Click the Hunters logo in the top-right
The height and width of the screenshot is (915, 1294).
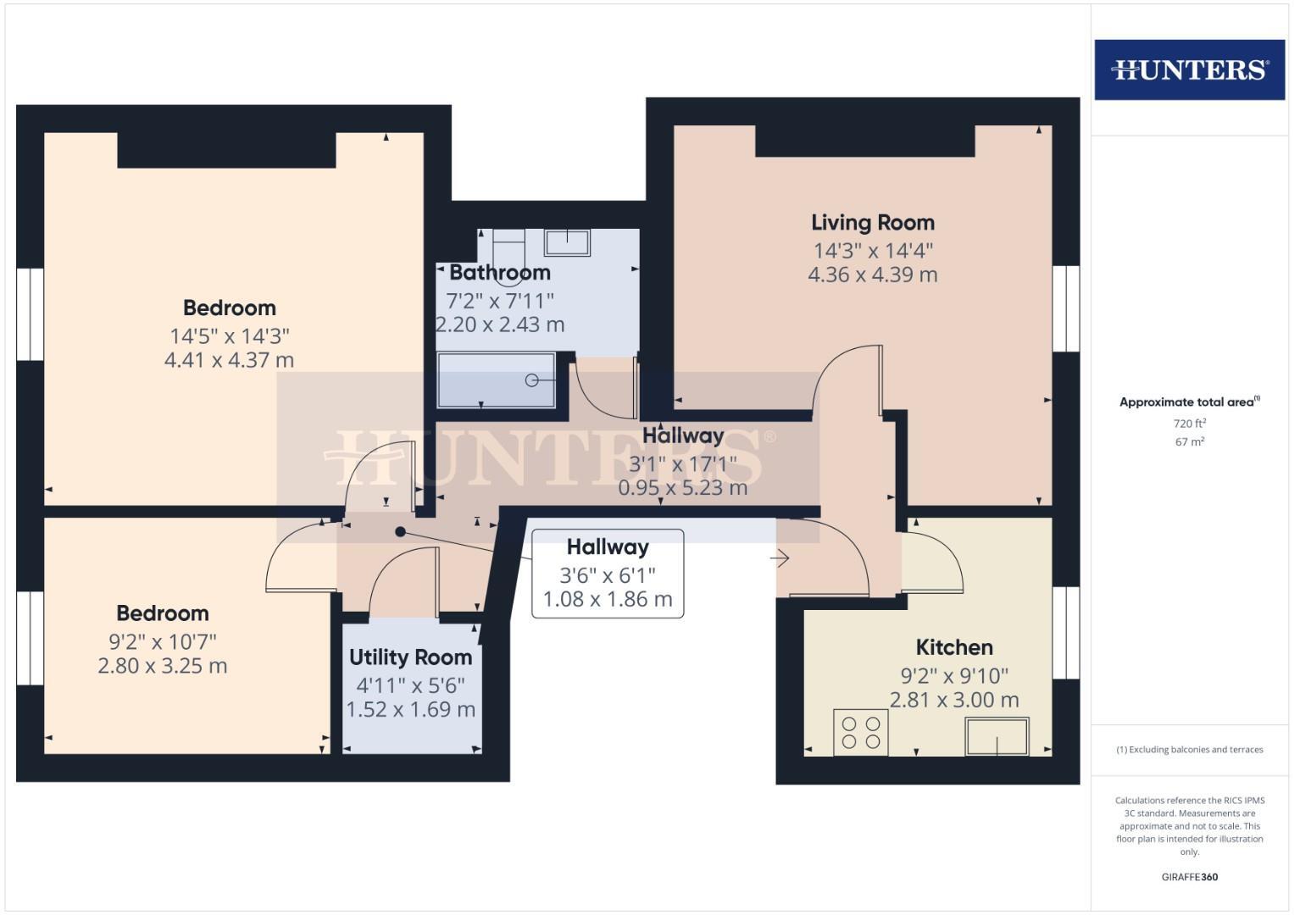[x=1189, y=69]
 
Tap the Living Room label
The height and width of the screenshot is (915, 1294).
[x=872, y=223]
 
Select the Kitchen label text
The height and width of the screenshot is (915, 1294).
[x=954, y=647]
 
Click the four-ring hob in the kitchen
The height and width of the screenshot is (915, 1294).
[x=861, y=732]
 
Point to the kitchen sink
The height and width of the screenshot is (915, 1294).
[x=997, y=736]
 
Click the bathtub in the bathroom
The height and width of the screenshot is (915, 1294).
[x=496, y=380]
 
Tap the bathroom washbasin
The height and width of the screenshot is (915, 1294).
[x=567, y=242]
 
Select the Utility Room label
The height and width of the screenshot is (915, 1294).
[x=410, y=657]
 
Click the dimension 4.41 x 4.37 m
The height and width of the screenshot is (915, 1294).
[x=229, y=360]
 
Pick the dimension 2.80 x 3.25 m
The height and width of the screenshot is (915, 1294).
[x=163, y=666]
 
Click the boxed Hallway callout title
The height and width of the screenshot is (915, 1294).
[x=608, y=547]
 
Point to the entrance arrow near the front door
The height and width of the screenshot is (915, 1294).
[x=780, y=558]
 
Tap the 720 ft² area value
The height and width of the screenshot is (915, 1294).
[x=1189, y=424]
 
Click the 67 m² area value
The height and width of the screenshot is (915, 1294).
[x=1189, y=442]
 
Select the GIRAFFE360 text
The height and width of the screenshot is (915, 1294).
[x=1189, y=877]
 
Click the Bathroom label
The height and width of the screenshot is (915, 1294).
[x=500, y=273]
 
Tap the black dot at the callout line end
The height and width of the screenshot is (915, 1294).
[x=400, y=532]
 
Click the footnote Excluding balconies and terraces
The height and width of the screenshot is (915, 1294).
[x=1189, y=750]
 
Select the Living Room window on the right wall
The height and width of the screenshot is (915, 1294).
[x=1065, y=308]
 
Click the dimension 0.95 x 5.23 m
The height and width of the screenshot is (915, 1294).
[x=682, y=488]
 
